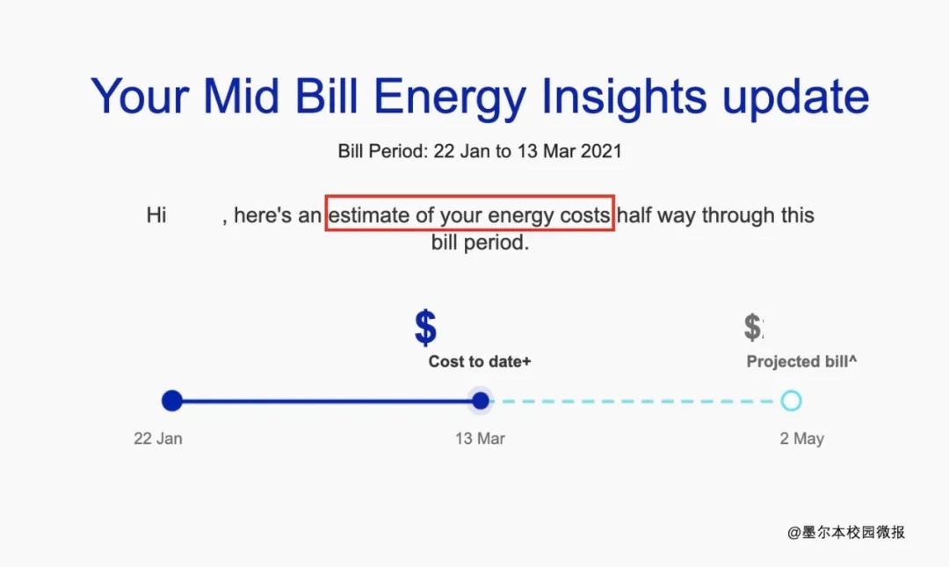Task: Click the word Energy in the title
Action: point(450,97)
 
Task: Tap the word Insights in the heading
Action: point(624,97)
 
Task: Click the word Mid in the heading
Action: point(241,96)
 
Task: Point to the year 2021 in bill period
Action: point(601,151)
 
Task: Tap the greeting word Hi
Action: point(156,215)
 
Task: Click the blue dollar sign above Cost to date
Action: point(425,327)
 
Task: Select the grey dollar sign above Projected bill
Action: point(753,327)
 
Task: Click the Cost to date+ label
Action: point(480,361)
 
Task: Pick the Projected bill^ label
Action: point(801,361)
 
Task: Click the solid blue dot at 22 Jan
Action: point(172,400)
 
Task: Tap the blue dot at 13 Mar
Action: point(481,400)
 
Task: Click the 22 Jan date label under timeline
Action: point(158,439)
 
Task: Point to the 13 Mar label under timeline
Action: point(480,439)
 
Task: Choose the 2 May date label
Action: point(802,439)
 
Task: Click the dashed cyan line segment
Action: point(635,401)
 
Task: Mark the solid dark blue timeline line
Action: point(327,401)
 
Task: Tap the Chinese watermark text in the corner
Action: point(846,533)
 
